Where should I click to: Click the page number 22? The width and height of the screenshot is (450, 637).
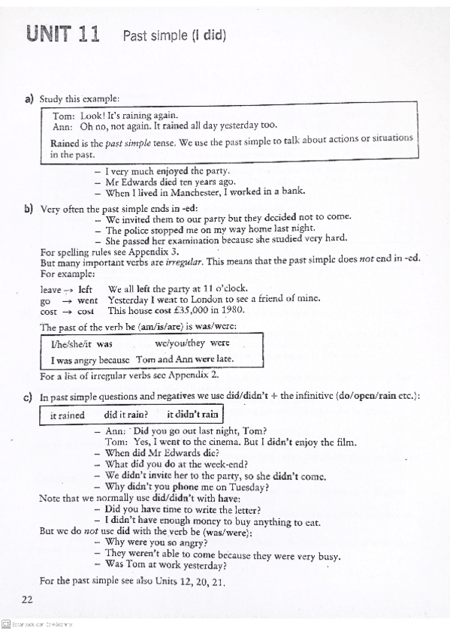27,598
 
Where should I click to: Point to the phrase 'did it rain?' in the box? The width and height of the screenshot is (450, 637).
126,415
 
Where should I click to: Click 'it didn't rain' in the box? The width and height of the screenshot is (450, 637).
192,415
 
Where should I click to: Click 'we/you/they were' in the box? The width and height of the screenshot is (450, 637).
197,343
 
